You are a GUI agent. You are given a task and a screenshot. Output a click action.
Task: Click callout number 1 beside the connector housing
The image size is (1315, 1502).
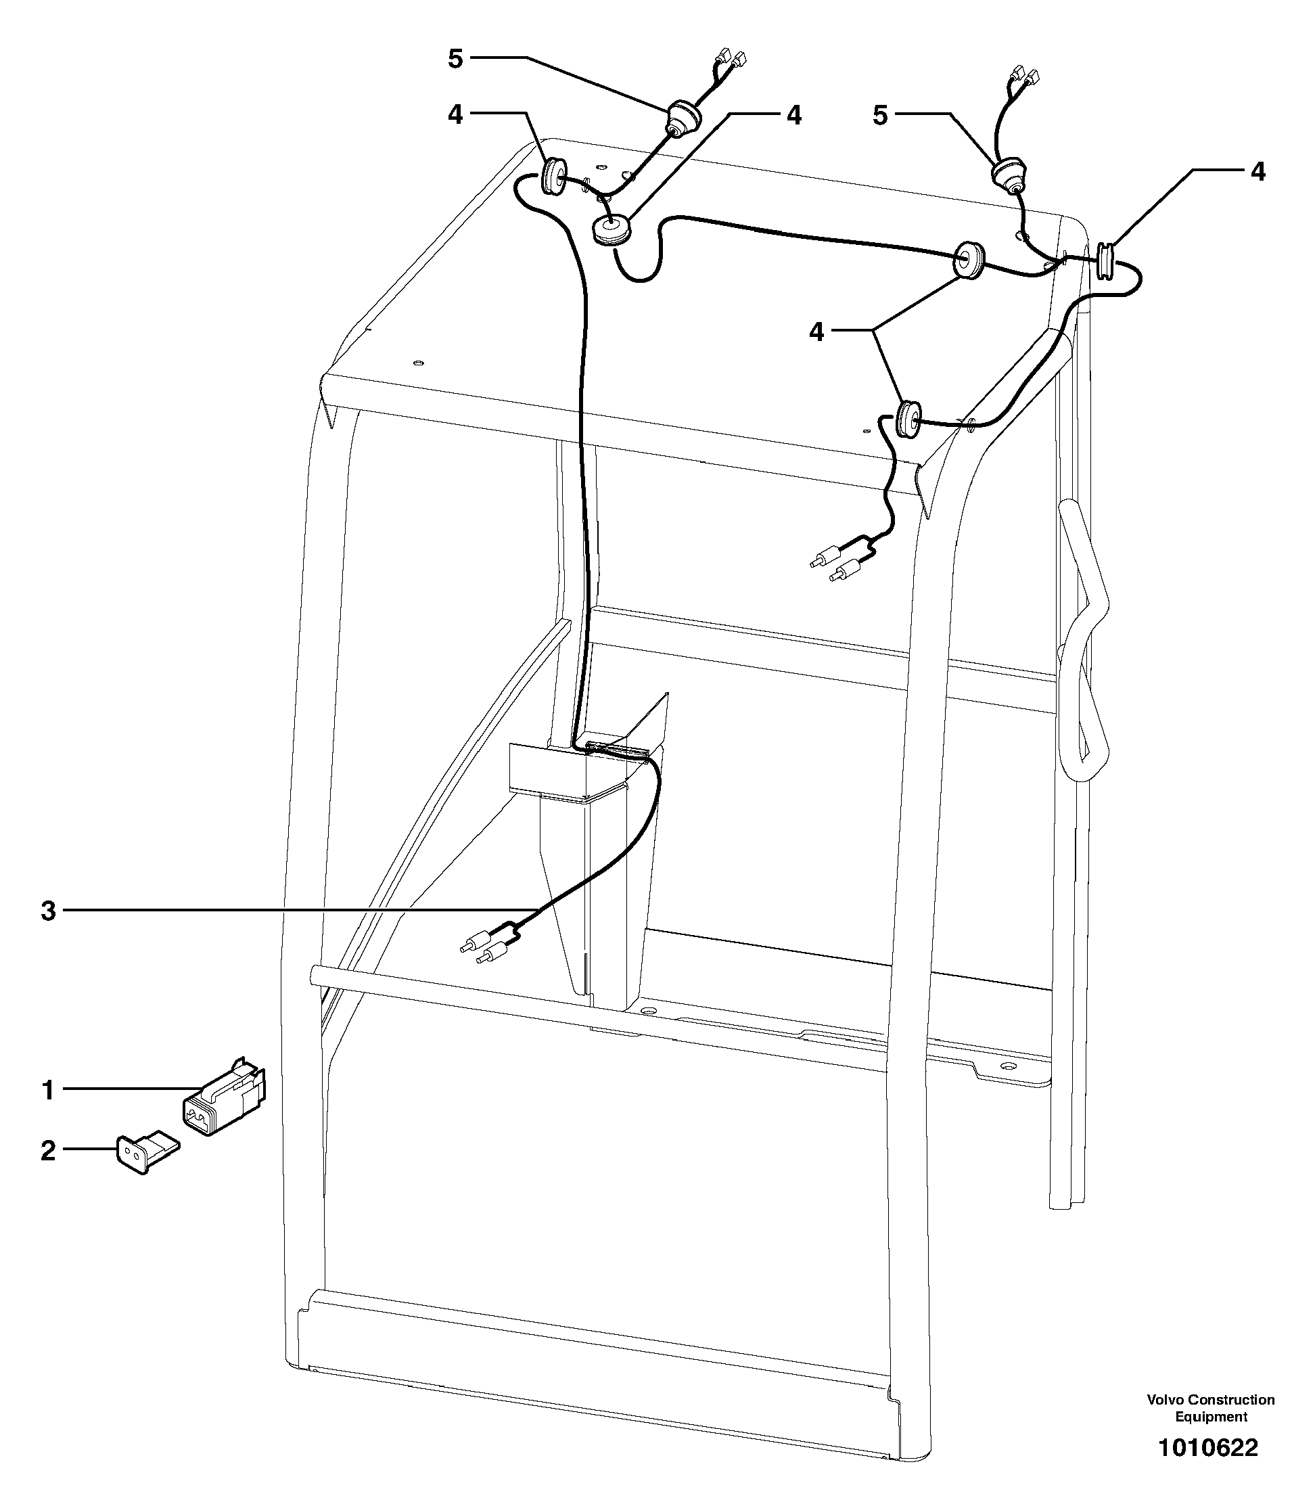[48, 1090]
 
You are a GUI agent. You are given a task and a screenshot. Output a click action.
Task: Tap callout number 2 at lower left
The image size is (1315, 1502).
[48, 1150]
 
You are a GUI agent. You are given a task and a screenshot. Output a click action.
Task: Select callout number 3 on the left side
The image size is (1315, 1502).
[48, 911]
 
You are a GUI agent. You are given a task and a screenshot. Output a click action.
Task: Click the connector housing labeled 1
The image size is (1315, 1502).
[223, 1097]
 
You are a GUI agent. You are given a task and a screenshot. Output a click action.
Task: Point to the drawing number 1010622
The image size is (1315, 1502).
[1207, 1448]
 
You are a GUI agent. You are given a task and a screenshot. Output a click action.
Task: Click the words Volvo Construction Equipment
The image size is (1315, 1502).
[1210, 1408]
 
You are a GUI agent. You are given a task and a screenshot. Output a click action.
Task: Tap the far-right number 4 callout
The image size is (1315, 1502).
[1258, 172]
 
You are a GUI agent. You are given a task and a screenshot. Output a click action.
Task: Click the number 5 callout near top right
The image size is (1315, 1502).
[880, 115]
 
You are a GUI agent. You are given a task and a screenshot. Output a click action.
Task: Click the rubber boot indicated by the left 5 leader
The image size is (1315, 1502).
[682, 119]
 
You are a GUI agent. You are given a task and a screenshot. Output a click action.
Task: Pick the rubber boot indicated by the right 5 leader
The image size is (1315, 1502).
[1009, 174]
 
